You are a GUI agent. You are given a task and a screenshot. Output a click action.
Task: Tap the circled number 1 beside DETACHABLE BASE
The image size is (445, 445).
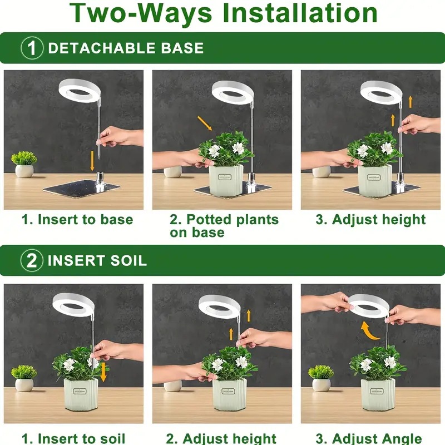32,48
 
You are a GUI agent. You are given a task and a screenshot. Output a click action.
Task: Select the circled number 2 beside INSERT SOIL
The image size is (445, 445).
32,260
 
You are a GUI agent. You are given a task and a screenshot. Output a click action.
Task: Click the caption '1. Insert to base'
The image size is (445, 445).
77,219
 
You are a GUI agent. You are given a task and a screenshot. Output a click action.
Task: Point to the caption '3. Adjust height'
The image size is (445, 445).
370,219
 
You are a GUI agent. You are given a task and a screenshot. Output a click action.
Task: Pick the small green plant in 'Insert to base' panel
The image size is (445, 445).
24,159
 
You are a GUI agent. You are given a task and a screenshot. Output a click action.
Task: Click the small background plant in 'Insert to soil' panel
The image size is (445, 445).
24,372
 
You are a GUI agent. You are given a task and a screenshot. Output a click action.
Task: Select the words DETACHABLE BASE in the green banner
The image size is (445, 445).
126,48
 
